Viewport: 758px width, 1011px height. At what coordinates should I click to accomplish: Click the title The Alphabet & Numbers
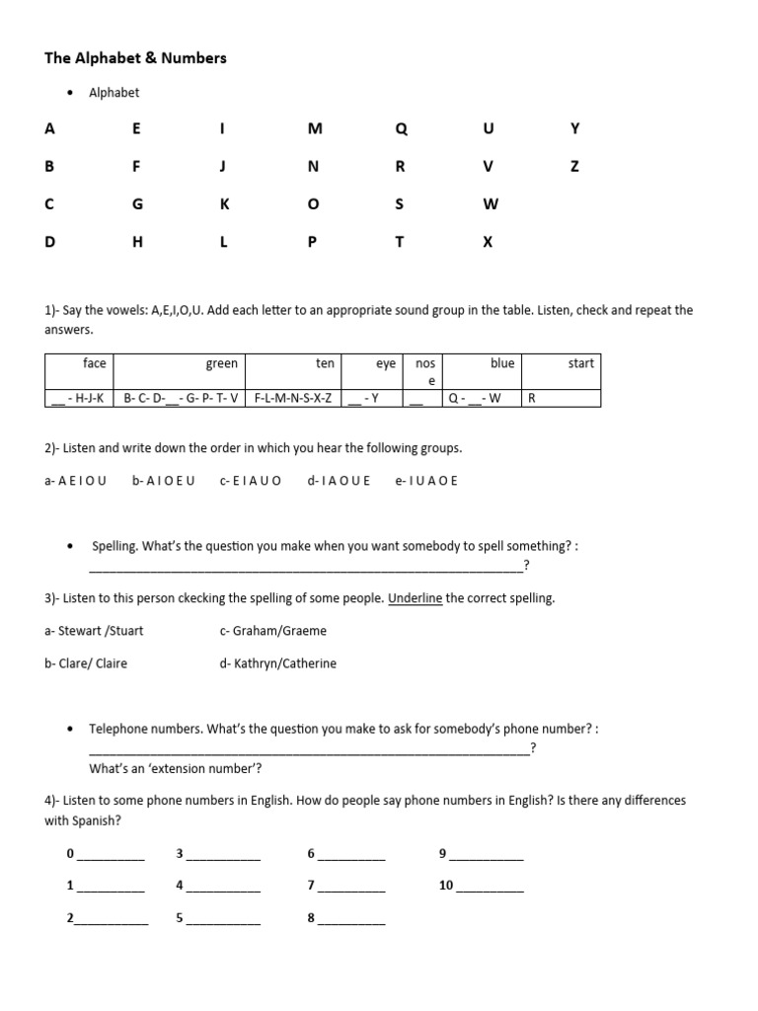135,58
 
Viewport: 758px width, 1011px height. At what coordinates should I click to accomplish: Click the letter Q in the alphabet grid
400,129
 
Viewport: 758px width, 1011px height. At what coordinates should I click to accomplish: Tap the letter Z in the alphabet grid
575,167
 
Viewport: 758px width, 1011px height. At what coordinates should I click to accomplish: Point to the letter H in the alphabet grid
137,242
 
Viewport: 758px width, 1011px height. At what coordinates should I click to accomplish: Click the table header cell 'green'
221,363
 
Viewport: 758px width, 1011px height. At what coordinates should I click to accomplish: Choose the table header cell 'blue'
502,363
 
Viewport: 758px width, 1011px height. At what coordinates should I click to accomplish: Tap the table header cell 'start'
580,363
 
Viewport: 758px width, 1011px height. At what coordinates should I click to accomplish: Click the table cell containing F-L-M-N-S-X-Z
293,399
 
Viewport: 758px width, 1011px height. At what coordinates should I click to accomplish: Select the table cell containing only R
533,399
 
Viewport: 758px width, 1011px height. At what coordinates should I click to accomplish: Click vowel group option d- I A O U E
339,481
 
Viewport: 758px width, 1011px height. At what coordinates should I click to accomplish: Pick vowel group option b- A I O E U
163,481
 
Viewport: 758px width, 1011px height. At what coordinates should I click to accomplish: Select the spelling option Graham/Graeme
273,631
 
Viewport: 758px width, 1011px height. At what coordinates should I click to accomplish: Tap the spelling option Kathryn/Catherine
278,663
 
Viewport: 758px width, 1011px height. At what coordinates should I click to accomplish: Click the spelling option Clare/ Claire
86,663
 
